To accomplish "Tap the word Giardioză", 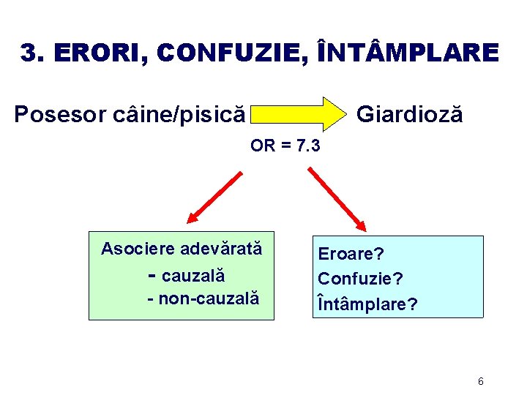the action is tap(408, 114).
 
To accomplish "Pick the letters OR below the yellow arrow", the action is tap(261, 146).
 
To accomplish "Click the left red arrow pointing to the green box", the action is tap(214, 196).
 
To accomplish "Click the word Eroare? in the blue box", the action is tap(351, 254).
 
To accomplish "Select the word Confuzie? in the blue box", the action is tap(360, 279).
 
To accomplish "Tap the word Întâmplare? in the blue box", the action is tap(367, 304).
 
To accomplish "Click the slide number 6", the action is tap(481, 381).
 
